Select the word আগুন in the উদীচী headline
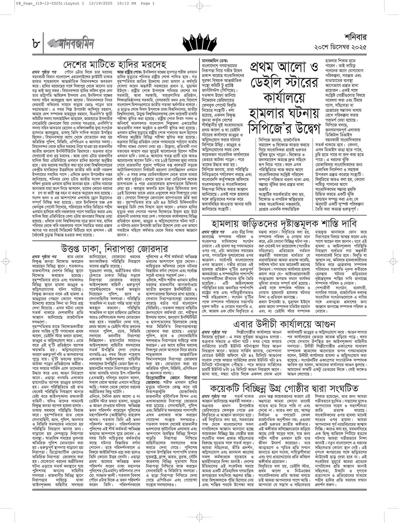(x=324, y=324)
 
